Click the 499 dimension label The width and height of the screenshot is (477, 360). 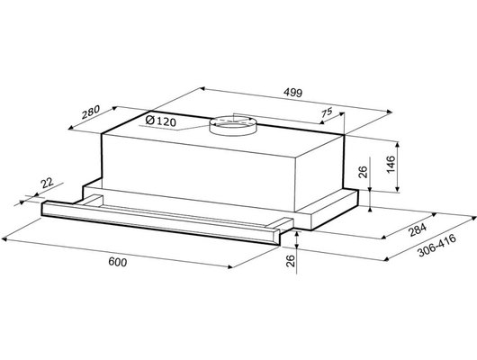click(293, 93)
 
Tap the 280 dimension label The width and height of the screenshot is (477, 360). click(91, 112)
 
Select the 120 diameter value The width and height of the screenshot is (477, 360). click(166, 122)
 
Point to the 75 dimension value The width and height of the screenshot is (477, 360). click(327, 112)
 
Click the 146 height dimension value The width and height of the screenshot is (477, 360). click(391, 164)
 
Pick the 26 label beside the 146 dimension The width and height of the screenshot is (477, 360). click(364, 172)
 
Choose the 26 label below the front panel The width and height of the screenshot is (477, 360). click(291, 261)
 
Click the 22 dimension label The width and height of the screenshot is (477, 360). click(47, 184)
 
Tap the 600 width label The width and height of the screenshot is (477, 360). click(118, 262)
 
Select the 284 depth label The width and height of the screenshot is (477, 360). click(418, 229)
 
